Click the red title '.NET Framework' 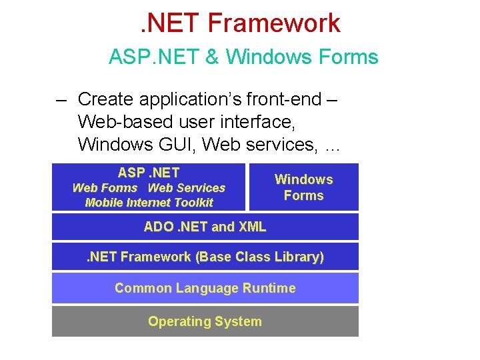tap(241, 23)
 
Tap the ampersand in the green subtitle tap(212, 57)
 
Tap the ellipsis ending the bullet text tap(331, 145)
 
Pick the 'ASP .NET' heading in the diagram tap(149, 173)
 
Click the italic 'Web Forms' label tap(105, 188)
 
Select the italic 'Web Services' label tap(186, 188)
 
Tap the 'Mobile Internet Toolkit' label tap(149, 203)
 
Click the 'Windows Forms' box tap(303, 187)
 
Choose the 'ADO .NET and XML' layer tap(205, 227)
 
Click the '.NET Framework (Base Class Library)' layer tap(205, 257)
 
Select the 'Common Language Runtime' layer tap(205, 288)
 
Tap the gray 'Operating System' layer tap(205, 321)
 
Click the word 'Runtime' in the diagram tap(269, 288)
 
